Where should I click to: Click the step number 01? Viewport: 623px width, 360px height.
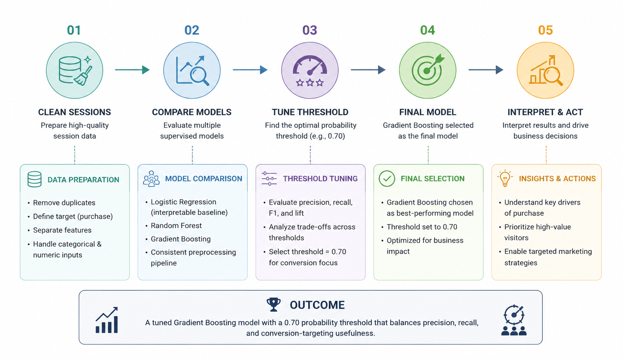click(74, 30)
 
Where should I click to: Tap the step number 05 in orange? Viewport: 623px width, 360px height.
click(545, 30)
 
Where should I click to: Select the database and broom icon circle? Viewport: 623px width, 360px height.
click(75, 70)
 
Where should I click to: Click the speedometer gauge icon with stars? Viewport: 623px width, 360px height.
click(310, 70)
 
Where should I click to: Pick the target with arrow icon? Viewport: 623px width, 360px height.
click(428, 70)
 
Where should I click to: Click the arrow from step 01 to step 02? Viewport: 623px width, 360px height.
click(132, 69)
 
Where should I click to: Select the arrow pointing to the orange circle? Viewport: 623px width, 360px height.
click(486, 69)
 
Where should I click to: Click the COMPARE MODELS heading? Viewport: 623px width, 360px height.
click(192, 112)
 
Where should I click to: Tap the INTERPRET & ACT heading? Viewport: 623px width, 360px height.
click(545, 112)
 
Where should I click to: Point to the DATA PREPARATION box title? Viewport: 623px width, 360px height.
click(83, 180)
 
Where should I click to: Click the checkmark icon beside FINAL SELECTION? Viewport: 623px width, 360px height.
click(387, 179)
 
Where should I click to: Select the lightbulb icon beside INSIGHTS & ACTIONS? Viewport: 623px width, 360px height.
click(504, 178)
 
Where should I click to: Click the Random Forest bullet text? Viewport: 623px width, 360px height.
click(176, 226)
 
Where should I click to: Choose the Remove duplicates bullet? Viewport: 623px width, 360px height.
click(64, 203)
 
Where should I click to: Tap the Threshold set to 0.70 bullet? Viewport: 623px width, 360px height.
click(422, 227)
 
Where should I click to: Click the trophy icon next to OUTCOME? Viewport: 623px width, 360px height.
click(274, 305)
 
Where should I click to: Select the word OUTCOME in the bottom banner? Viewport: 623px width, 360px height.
click(317, 305)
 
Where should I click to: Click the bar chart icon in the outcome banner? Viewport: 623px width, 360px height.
click(107, 320)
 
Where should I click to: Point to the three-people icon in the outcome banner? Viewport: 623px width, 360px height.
click(514, 330)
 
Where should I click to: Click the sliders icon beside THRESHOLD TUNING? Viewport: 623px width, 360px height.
click(269, 179)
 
